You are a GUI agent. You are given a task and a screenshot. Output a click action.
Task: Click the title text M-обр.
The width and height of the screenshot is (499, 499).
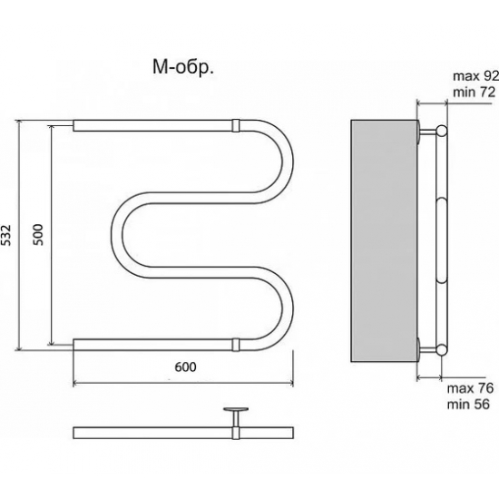coord(183,68)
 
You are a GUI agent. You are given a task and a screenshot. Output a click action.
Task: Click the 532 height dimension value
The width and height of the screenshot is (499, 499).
coord(6,236)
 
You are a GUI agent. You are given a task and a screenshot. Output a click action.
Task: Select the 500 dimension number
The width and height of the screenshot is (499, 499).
coord(38,235)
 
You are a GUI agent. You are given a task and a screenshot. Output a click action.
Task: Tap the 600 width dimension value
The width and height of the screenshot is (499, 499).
coord(185,367)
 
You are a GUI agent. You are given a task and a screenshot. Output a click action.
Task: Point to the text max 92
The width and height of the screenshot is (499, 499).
coord(475,76)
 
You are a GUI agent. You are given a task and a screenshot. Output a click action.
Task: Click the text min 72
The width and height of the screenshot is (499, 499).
coord(475,93)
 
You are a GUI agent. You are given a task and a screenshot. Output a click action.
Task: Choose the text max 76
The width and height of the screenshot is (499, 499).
coord(470,388)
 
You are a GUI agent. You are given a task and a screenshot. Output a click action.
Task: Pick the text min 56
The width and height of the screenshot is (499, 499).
coord(468,405)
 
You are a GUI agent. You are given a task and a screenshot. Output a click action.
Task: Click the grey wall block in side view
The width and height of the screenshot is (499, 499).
coord(384,241)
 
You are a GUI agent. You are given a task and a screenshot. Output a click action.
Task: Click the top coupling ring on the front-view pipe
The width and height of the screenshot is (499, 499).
coord(236,125)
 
